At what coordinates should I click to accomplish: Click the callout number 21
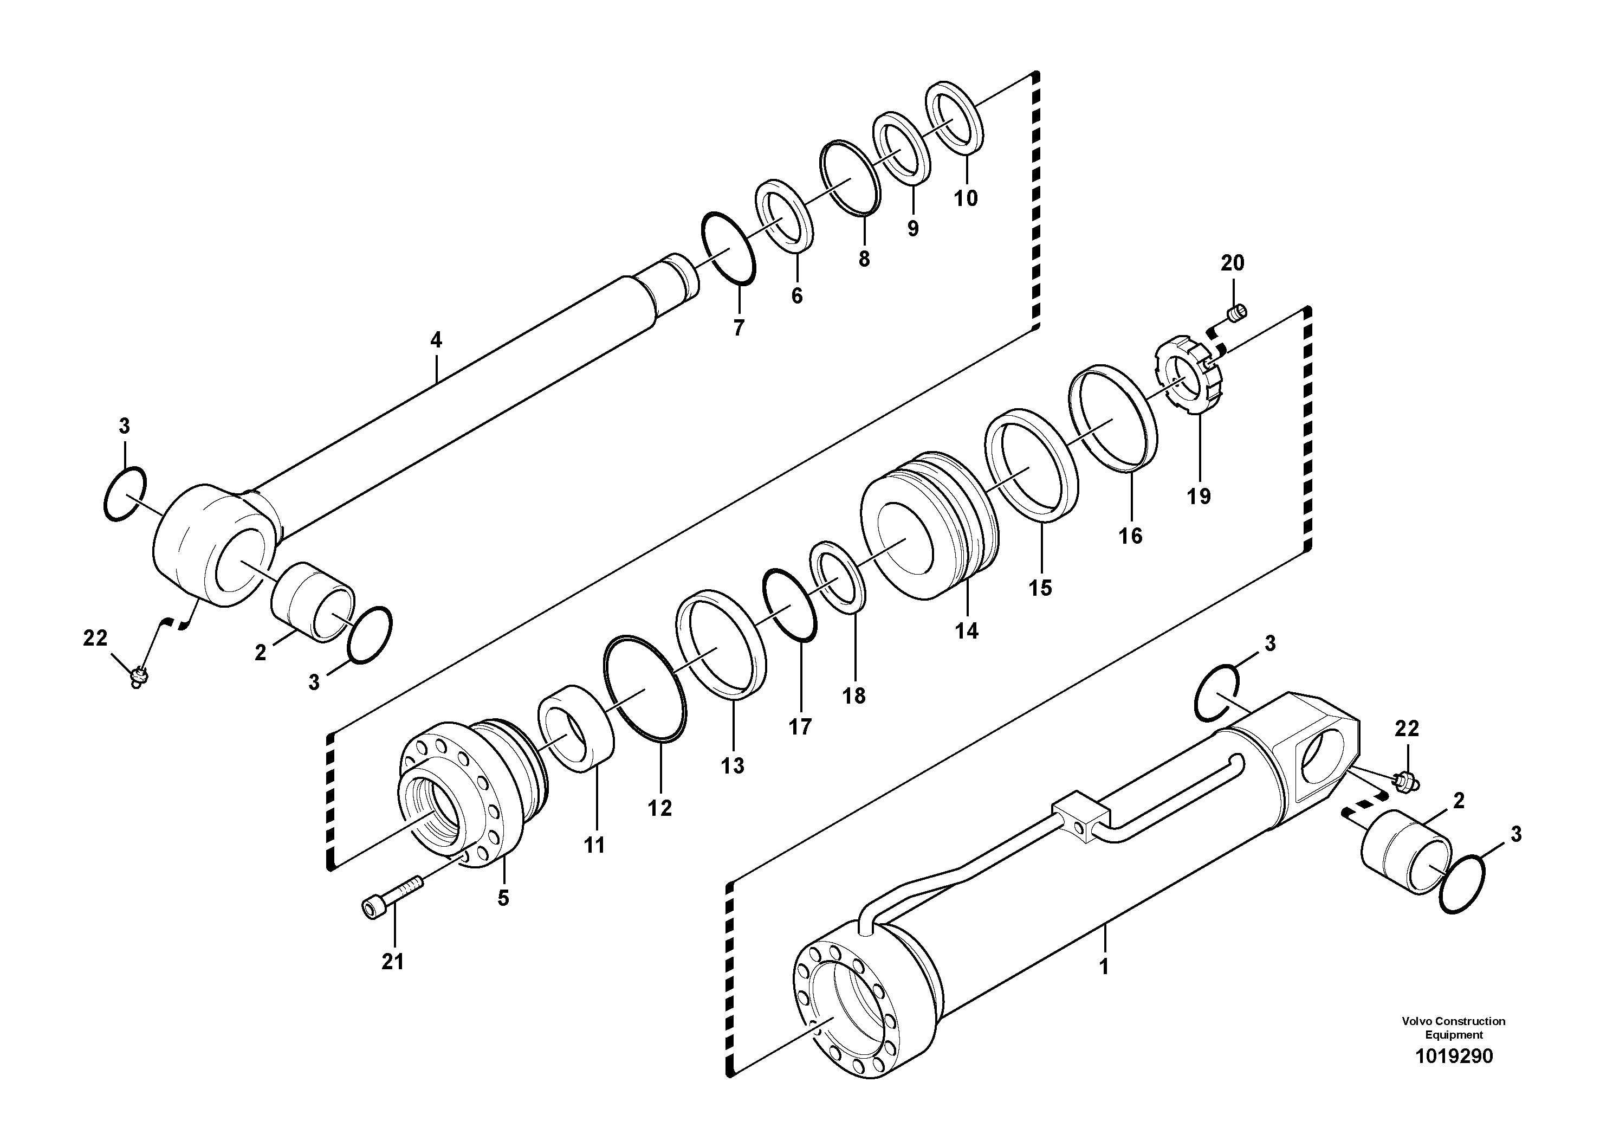392,962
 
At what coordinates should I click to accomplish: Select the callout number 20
1232,263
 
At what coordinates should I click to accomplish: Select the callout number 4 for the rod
436,340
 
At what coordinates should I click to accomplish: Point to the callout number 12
660,808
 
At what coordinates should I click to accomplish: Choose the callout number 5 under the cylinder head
503,898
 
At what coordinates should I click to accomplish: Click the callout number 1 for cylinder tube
1104,967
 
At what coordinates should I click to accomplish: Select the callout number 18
854,696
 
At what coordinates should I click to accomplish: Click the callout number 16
1130,536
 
